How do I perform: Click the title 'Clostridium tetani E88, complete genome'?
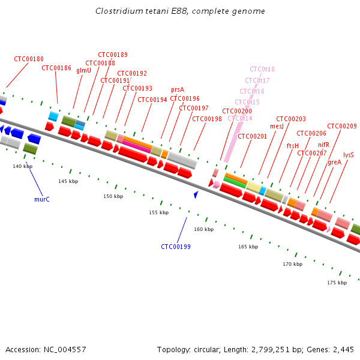click(180, 11)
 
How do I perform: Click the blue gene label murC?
click(42, 199)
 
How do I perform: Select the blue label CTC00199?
click(176, 247)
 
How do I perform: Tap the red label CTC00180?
click(29, 59)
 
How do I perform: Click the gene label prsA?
click(178, 89)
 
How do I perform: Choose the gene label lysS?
click(349, 154)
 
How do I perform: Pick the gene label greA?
click(334, 161)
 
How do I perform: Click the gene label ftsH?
click(293, 146)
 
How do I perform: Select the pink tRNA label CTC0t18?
click(262, 69)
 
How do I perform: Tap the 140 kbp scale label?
click(22, 166)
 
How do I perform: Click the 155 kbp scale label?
click(158, 212)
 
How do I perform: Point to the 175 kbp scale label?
click(337, 282)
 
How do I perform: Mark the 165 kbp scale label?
click(248, 247)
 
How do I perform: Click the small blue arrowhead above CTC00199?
click(196, 194)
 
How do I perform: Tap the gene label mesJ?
click(277, 126)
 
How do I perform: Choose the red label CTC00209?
click(343, 126)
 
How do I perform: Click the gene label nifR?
click(323, 145)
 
